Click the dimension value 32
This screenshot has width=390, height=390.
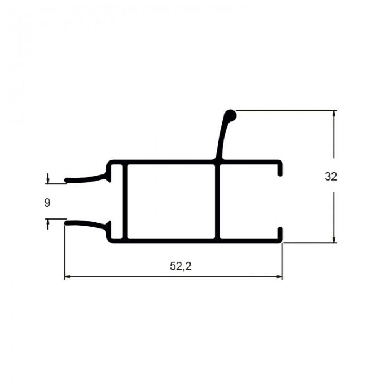click(x=331, y=177)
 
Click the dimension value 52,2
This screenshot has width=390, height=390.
click(x=181, y=266)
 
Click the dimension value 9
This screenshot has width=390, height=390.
click(x=47, y=203)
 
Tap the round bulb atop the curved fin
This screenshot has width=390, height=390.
click(x=230, y=116)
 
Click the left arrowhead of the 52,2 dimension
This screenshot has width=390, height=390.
click(x=67, y=276)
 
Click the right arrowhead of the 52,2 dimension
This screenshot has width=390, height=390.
click(x=280, y=276)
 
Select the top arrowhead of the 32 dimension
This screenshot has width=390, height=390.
click(x=334, y=114)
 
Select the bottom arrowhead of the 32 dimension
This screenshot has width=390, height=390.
click(x=334, y=240)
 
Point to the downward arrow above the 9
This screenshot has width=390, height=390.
click(x=47, y=179)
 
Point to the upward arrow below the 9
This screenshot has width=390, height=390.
click(x=47, y=224)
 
